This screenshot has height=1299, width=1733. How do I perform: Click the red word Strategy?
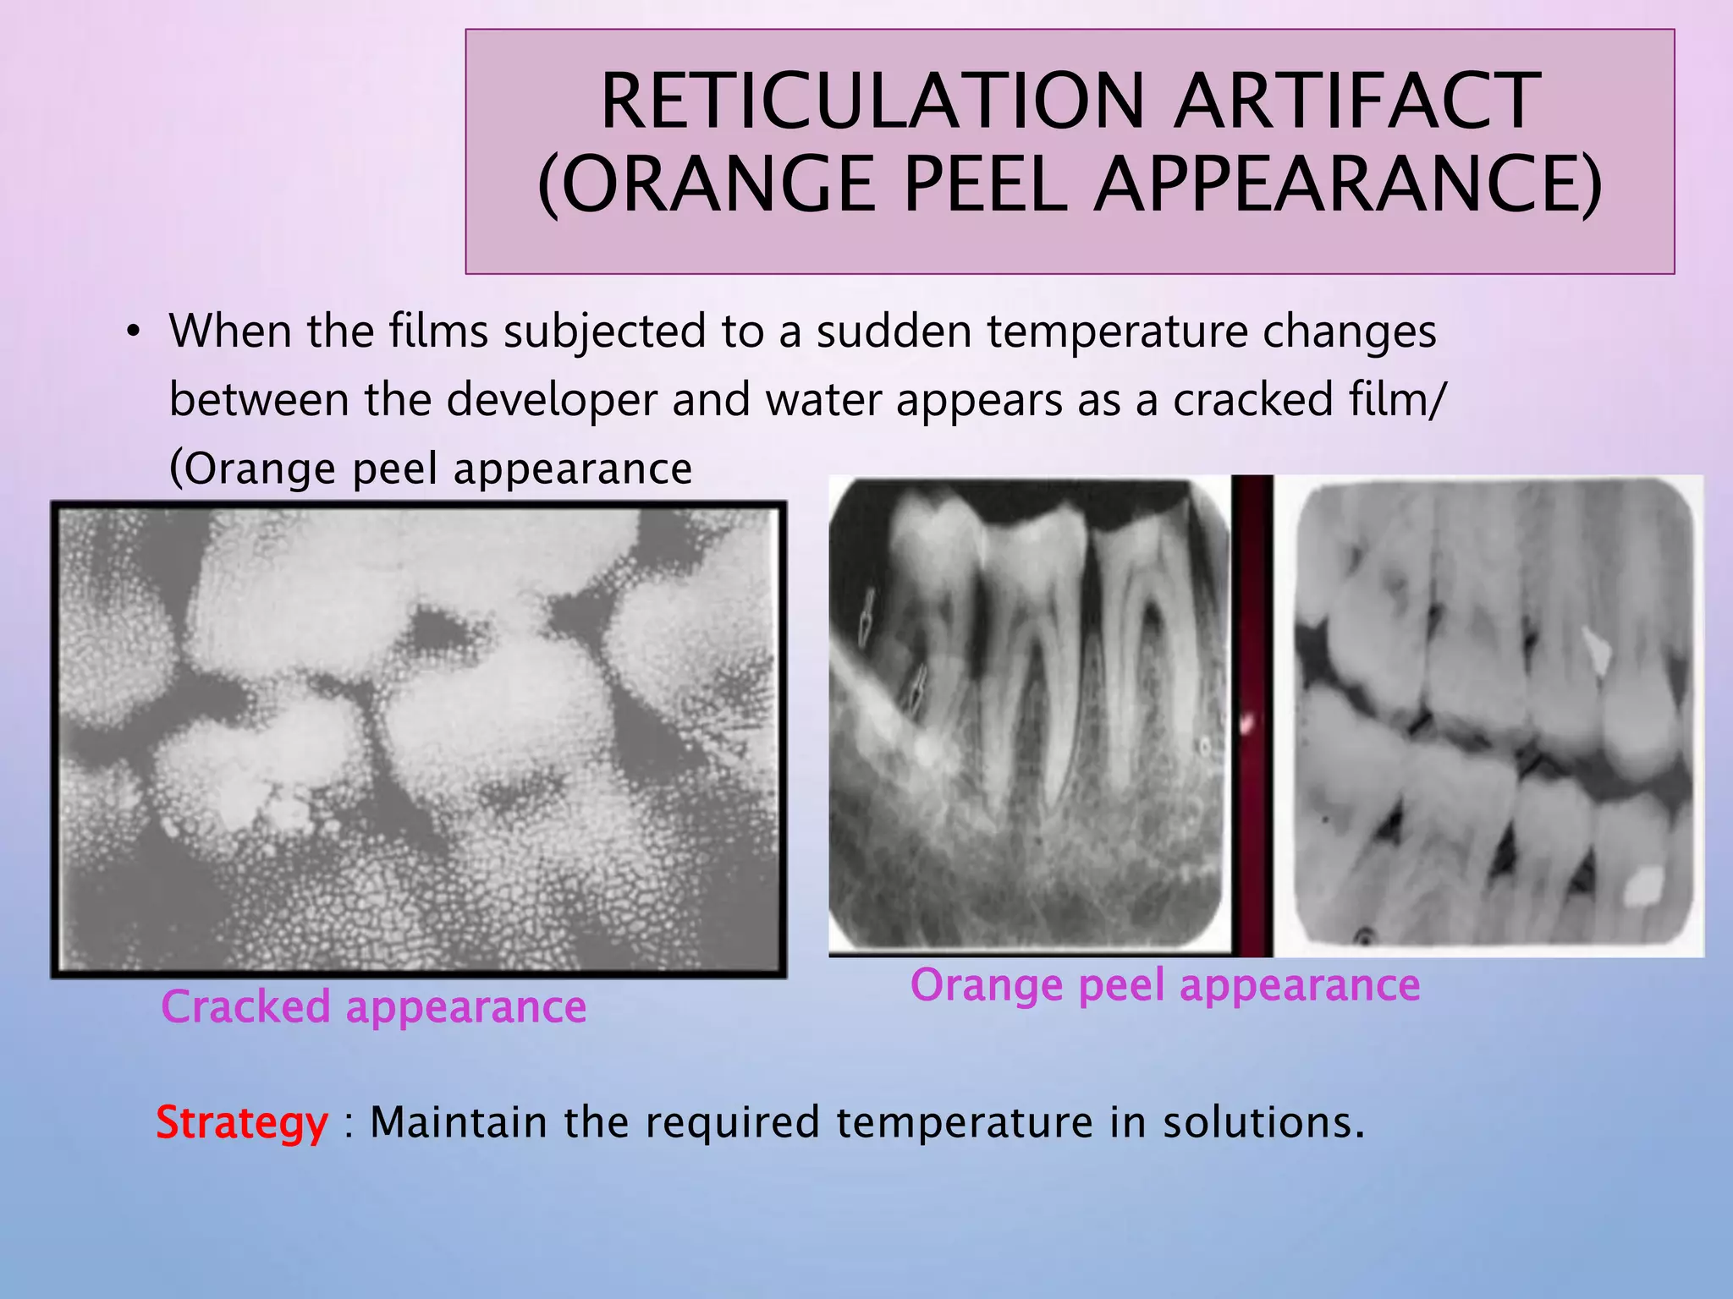pos(242,1124)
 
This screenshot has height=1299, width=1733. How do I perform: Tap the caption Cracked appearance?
pos(373,1008)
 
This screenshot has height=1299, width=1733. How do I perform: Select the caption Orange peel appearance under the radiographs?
pos(1164,986)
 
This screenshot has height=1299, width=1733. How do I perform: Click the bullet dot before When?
pos(132,332)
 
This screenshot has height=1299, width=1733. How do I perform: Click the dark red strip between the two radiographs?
pos(1252,715)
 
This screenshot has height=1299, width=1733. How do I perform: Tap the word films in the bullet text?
pos(438,332)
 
